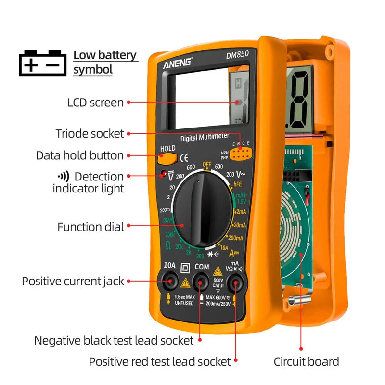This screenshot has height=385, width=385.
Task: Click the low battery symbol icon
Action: (x=42, y=63)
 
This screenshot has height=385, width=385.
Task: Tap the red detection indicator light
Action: (x=164, y=173)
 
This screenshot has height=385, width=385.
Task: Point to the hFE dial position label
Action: (x=237, y=183)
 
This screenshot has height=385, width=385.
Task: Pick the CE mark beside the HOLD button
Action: (x=184, y=157)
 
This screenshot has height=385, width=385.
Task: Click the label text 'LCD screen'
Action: (x=95, y=103)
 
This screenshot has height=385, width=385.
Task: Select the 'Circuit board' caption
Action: (x=306, y=362)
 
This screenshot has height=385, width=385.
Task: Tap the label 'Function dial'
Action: (x=90, y=227)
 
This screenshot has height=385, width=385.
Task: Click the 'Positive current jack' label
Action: (x=73, y=281)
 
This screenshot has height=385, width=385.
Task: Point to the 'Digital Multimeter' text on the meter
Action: (x=205, y=137)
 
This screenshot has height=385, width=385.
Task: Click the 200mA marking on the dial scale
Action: (x=235, y=238)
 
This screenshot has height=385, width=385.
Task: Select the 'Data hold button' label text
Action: (x=80, y=155)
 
